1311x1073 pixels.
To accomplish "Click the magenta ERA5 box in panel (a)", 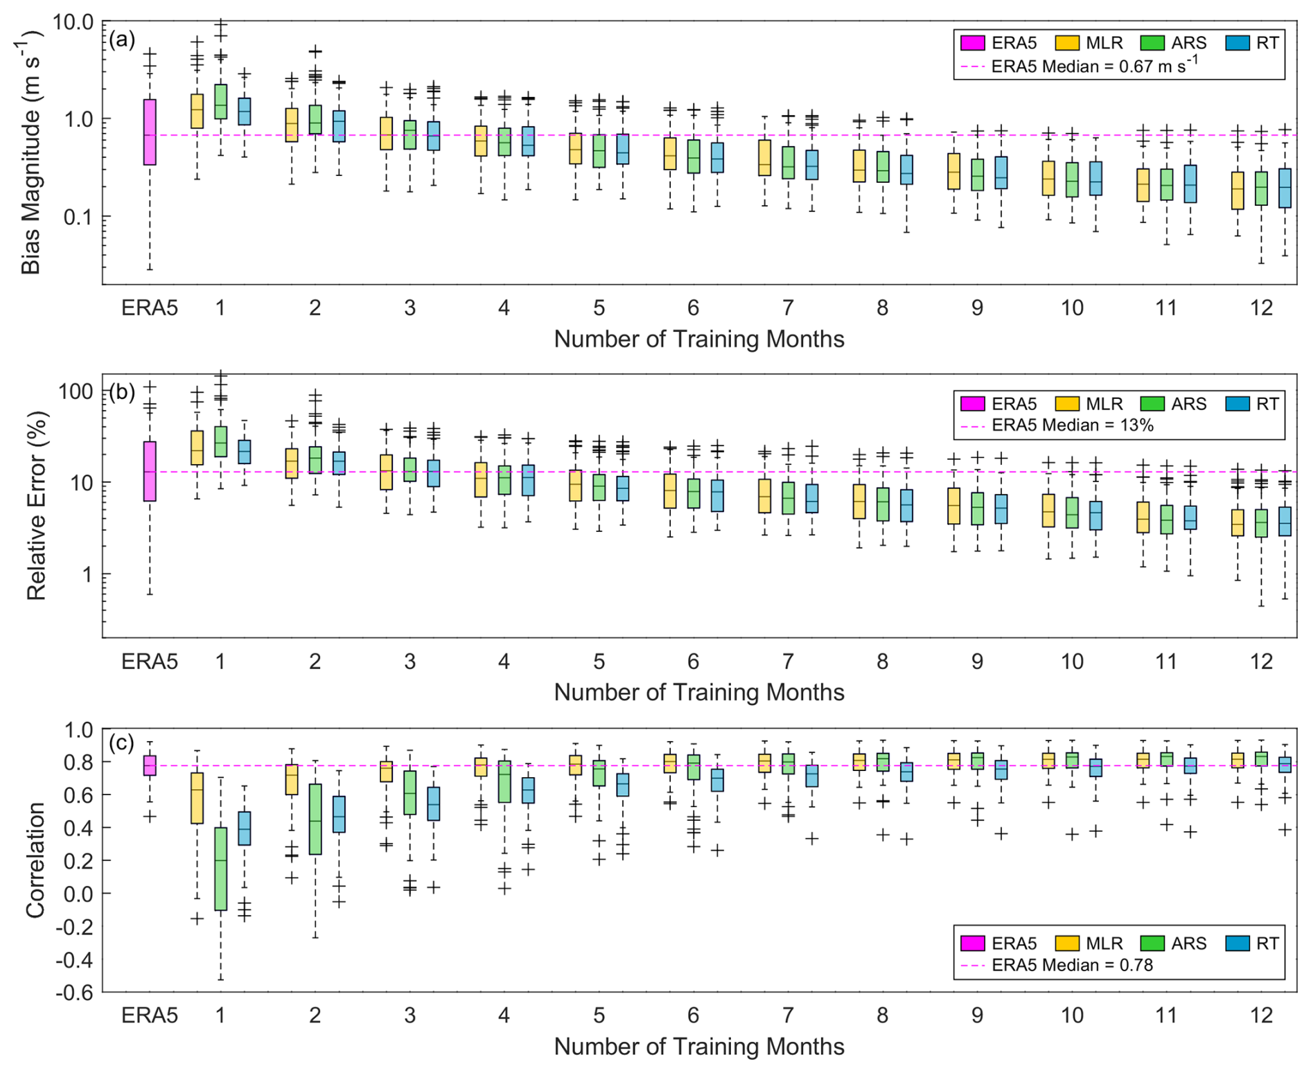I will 150,132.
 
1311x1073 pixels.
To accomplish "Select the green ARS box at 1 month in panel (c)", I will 220,869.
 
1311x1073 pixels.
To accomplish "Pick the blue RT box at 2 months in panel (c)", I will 339,814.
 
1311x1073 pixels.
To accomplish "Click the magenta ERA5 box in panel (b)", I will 150,471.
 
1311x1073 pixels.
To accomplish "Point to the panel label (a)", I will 122,39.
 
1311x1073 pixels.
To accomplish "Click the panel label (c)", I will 122,743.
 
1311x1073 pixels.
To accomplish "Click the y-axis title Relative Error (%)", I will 36,506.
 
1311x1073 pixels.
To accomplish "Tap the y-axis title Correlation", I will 35,860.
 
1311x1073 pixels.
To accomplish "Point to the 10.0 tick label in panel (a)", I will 73,22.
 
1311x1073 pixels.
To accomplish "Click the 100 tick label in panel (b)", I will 76,391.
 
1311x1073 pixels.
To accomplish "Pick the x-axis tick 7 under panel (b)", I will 788,662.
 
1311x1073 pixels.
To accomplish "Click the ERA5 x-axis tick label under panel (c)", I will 150,1015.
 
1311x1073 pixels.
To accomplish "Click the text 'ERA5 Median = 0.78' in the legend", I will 1072,965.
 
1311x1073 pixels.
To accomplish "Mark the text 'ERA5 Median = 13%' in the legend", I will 1073,425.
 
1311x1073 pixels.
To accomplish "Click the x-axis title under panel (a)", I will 699,339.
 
